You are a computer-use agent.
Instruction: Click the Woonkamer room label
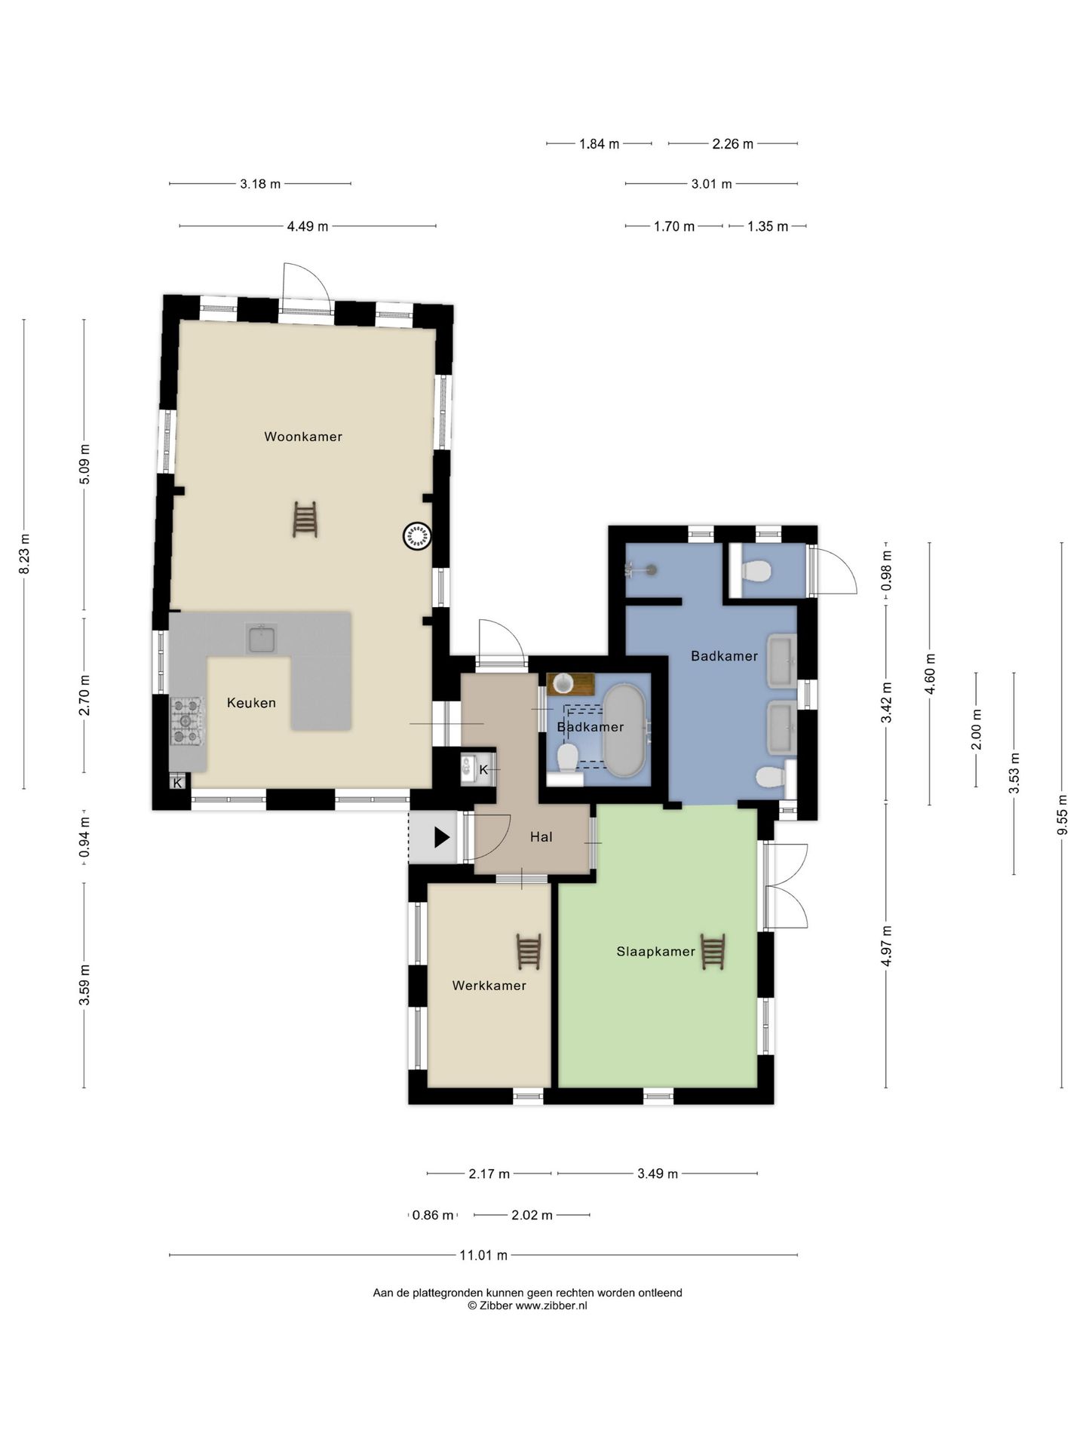click(303, 437)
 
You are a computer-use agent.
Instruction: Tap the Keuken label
click(251, 703)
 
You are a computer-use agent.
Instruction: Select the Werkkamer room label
click(489, 986)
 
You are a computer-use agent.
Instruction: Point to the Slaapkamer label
click(656, 952)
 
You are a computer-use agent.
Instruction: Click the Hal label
click(541, 837)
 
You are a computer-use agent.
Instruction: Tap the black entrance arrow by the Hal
click(442, 837)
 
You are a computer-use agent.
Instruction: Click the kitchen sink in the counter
click(261, 639)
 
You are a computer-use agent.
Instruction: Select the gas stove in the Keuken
click(187, 722)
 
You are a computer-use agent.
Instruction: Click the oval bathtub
click(624, 731)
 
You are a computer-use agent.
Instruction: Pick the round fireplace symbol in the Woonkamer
click(417, 536)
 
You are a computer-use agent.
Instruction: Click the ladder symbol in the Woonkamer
click(305, 520)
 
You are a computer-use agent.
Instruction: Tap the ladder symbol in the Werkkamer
click(529, 952)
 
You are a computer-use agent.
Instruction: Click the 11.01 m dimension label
click(483, 1256)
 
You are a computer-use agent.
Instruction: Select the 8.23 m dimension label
click(25, 554)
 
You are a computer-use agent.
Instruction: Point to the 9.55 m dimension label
click(1063, 814)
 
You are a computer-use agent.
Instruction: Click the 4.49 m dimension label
click(308, 226)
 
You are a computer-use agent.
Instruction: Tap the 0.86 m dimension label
click(434, 1216)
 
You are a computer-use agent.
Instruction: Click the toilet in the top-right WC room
click(756, 571)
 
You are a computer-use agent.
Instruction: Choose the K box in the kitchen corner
click(178, 783)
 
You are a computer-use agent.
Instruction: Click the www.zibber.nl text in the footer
click(551, 1306)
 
